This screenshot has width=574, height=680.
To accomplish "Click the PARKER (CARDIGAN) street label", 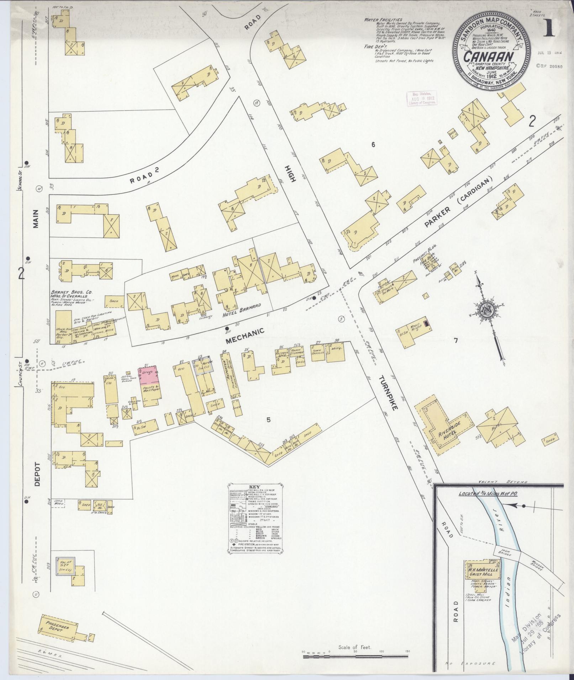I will tap(458, 202).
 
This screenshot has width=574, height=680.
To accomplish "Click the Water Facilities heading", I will tap(383, 20).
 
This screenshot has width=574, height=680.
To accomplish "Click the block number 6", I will tap(373, 144).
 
